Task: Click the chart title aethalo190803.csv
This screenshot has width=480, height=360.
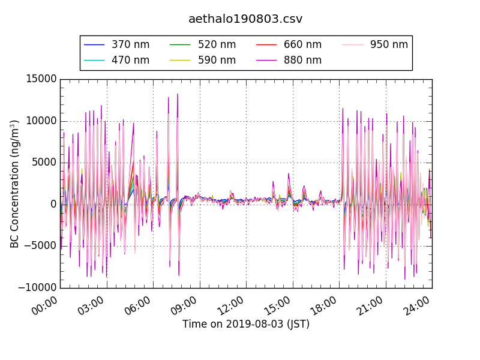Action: pos(245,19)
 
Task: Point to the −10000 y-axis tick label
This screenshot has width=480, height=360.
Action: pos(37,287)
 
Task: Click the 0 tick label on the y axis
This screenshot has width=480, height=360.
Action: pos(53,204)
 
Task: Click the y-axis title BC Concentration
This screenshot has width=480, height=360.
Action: pos(14,184)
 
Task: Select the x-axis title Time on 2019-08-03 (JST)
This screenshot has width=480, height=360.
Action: pos(245,325)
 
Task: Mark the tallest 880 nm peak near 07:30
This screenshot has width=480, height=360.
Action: pos(178,94)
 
